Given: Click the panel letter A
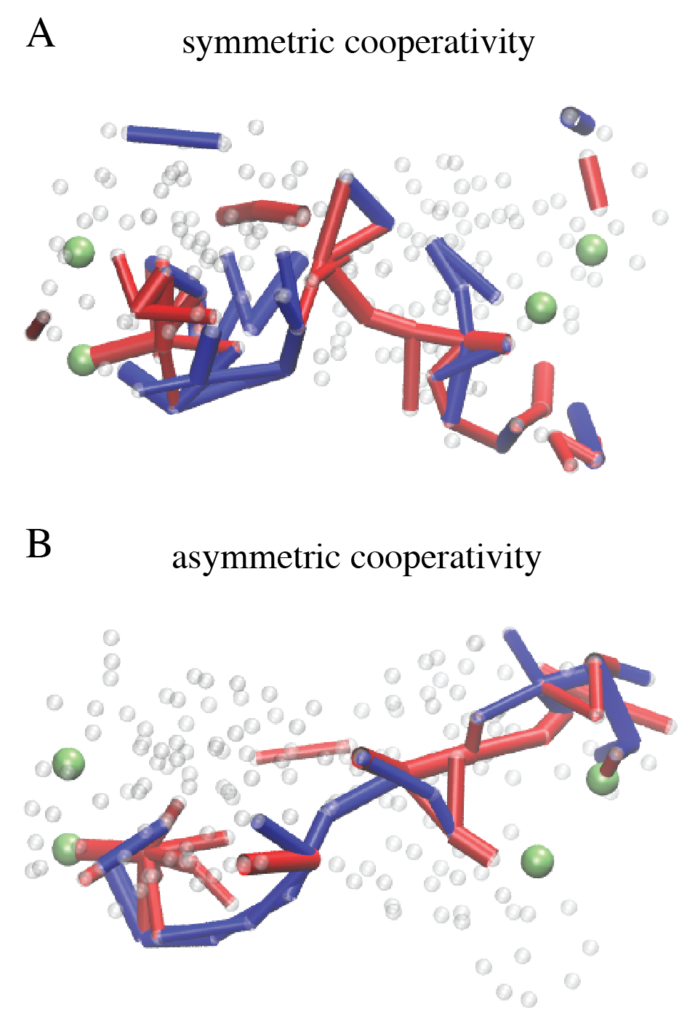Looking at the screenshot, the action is tap(41, 34).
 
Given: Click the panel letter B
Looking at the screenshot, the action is tap(39, 544).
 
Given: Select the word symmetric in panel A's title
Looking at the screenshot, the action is tap(258, 44).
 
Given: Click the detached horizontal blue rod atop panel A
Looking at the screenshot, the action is tap(173, 136).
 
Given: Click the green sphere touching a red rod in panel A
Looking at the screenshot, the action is tap(82, 359).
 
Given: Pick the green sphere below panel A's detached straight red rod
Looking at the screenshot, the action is tap(592, 250).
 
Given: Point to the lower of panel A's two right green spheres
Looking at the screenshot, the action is tap(541, 307).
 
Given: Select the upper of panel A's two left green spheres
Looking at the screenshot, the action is tap(79, 252).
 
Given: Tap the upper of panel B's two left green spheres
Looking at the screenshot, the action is tap(69, 763).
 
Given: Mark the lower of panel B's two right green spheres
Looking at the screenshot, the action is tap(538, 861).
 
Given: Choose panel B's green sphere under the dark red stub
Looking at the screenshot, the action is tap(603, 779).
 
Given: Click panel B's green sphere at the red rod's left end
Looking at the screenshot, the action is tap(67, 848).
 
